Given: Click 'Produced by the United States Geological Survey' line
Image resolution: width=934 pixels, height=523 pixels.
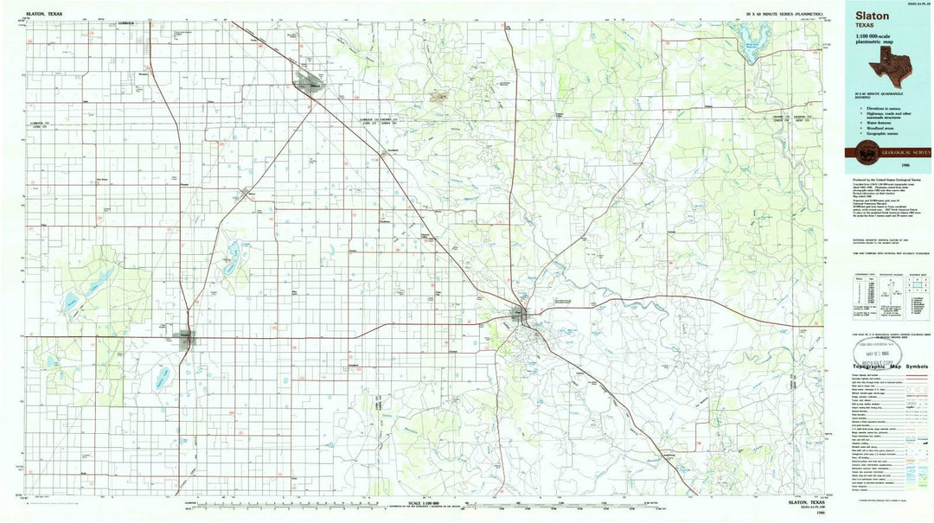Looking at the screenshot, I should [887, 177].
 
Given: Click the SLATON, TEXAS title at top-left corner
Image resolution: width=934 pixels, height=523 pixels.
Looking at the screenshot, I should [45, 14].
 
